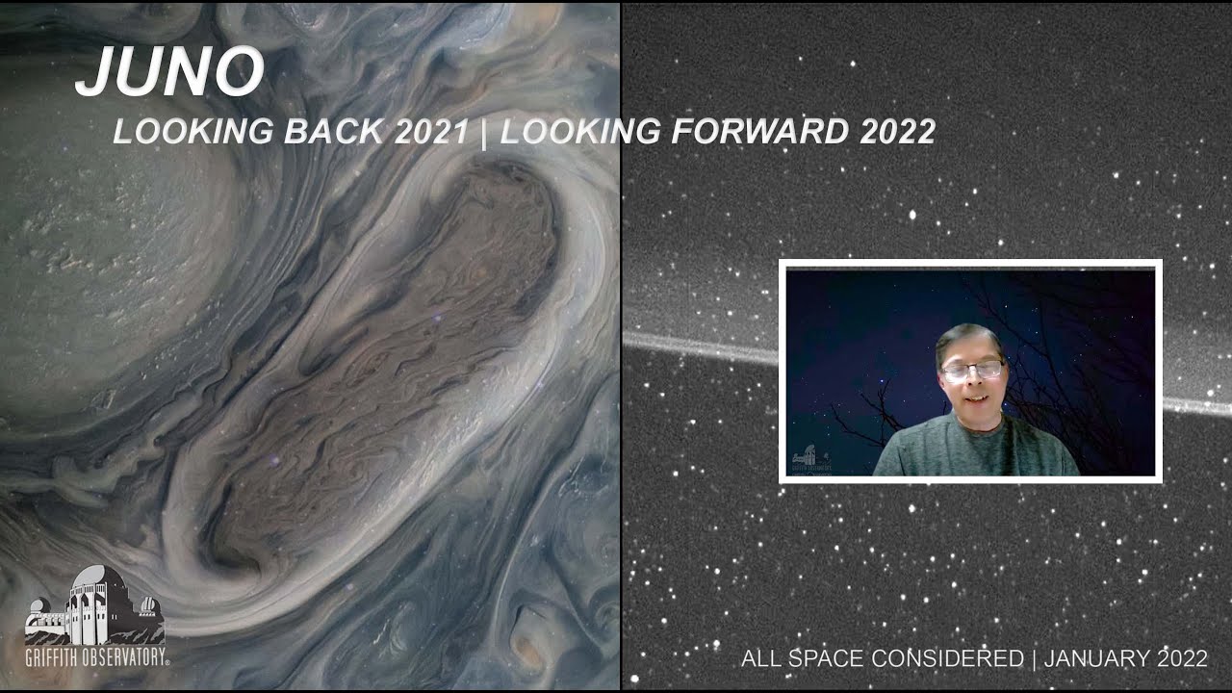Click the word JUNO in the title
coord(169,71)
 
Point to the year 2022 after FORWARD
coord(897,132)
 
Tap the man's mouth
coord(972,398)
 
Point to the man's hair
coord(969,336)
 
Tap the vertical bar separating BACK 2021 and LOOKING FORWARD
coord(483,132)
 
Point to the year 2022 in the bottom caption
coord(1181,659)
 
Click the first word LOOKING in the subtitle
coord(193,132)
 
